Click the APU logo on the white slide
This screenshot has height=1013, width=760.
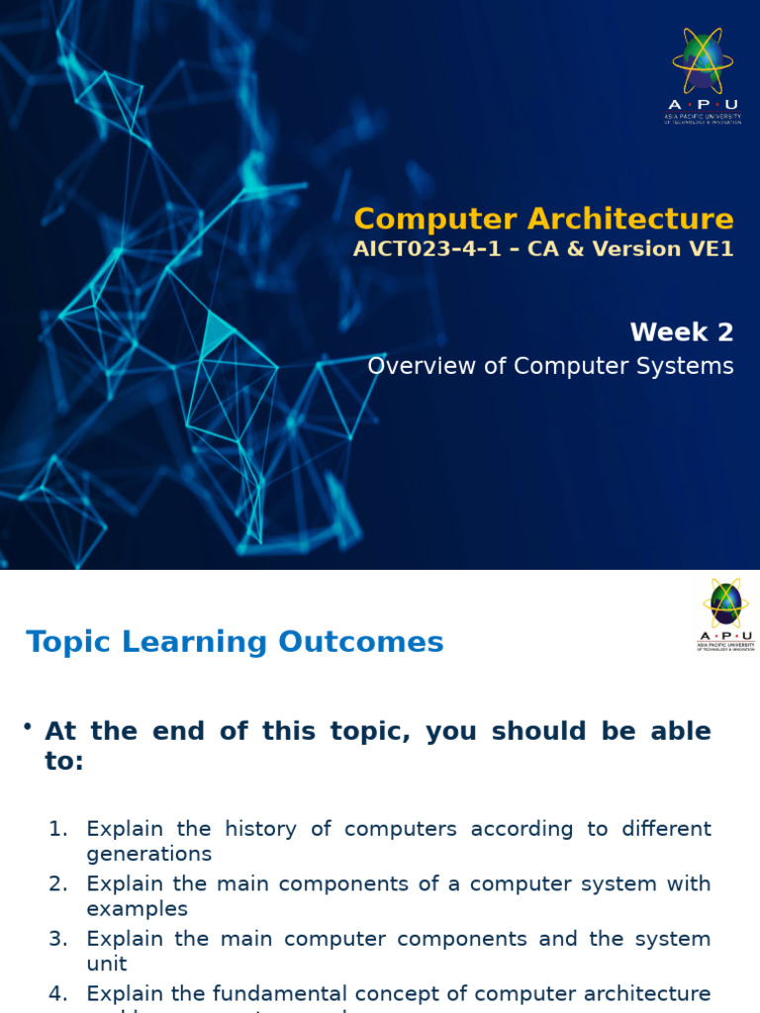point(725,614)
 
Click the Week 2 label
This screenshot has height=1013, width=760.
point(682,332)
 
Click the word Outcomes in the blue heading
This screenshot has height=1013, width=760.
point(361,642)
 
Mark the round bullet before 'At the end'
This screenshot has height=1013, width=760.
point(29,728)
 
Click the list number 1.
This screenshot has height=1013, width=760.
point(57,829)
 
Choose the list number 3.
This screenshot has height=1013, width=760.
point(57,938)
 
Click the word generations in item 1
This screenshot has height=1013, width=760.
point(148,854)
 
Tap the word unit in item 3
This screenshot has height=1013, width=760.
point(107,963)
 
